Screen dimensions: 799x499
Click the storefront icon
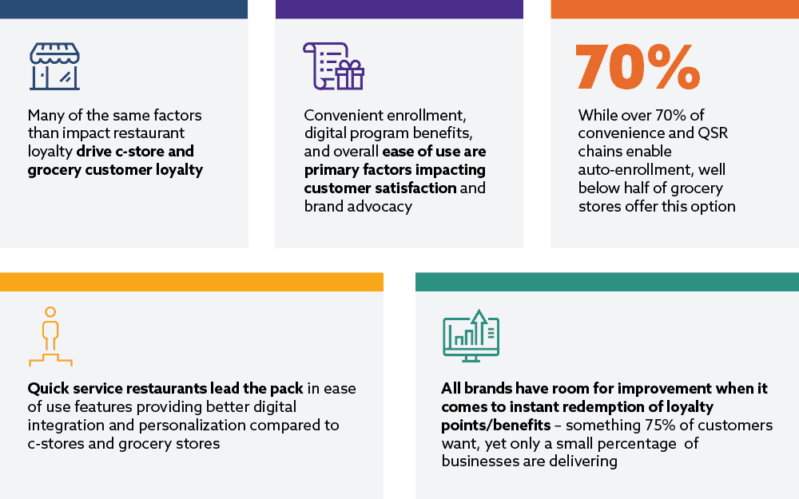pyautogui.click(x=54, y=66)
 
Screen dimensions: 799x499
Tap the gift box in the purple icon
pyautogui.click(x=350, y=75)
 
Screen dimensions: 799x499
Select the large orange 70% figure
pyautogui.click(x=638, y=67)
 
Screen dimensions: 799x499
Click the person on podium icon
pyautogui.click(x=50, y=337)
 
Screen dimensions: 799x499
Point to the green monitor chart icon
pyautogui.click(x=471, y=336)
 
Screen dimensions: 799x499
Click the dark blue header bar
pyautogui.click(x=124, y=9)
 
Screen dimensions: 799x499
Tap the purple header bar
pyautogui.click(x=399, y=9)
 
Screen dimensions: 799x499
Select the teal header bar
pyautogui.click(x=607, y=282)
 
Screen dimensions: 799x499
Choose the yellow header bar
pyautogui.click(x=192, y=282)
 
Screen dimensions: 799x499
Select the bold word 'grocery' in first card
pyautogui.click(x=54, y=170)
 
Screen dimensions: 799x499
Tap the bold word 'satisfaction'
pyautogui.click(x=416, y=188)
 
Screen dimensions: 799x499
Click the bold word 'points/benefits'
pyautogui.click(x=496, y=426)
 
